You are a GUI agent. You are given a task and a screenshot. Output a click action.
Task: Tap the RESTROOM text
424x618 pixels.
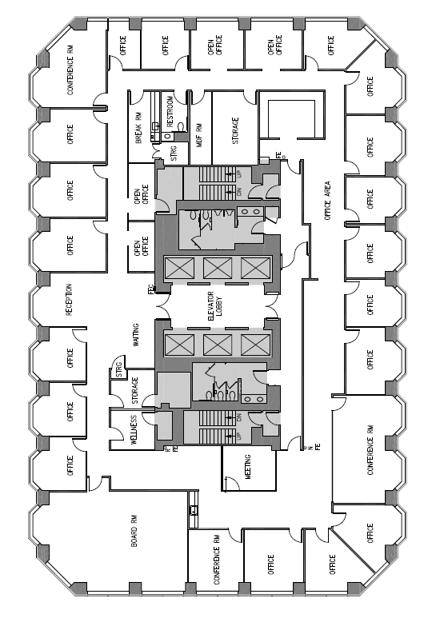click(169, 112)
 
